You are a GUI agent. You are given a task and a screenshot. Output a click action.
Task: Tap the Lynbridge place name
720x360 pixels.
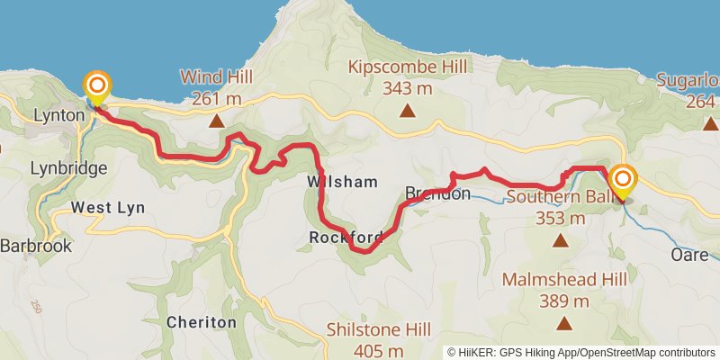pyautogui.click(x=68, y=168)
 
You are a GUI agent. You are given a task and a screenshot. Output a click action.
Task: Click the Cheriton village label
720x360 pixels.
pyautogui.click(x=202, y=321)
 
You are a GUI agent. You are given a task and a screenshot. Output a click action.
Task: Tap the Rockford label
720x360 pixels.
pyautogui.click(x=346, y=238)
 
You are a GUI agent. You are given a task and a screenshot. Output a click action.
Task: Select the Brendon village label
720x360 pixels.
pyautogui.click(x=437, y=193)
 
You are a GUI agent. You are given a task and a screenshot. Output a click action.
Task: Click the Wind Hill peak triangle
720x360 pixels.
pyautogui.click(x=216, y=119)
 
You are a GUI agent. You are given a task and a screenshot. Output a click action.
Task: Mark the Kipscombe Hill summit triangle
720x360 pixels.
pyautogui.click(x=408, y=112)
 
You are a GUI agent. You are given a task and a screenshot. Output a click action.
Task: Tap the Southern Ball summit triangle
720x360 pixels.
pyautogui.click(x=561, y=240)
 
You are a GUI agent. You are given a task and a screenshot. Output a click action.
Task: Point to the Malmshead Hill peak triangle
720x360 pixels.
pyautogui.click(x=564, y=323)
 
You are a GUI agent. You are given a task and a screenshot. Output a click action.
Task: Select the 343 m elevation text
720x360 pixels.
pyautogui.click(x=409, y=88)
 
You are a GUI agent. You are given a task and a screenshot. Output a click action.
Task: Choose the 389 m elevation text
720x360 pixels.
pyautogui.click(x=564, y=301)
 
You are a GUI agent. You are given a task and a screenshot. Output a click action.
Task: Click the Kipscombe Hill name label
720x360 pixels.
pyautogui.click(x=409, y=67)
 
